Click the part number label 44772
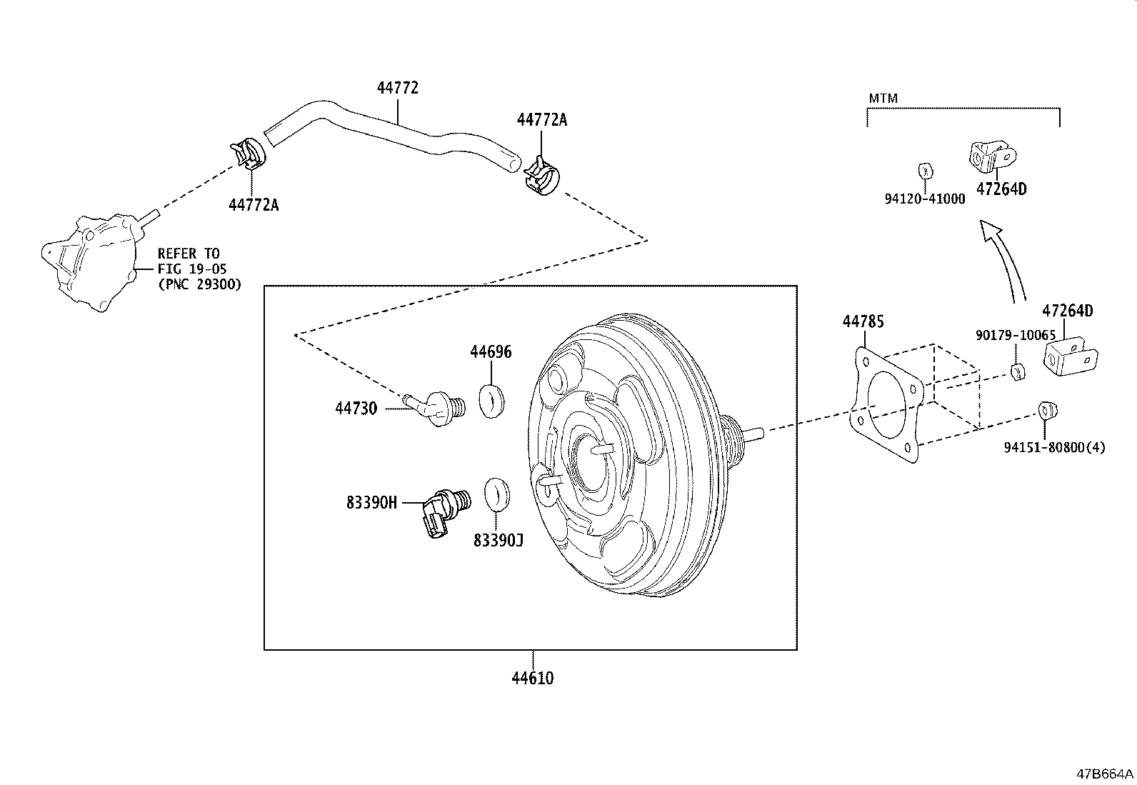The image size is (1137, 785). pyautogui.click(x=398, y=88)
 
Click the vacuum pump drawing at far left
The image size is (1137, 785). pyautogui.click(x=91, y=261)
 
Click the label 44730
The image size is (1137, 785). pyautogui.click(x=356, y=409)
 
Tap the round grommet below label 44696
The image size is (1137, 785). pyautogui.click(x=491, y=401)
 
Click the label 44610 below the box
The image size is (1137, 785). pyautogui.click(x=532, y=678)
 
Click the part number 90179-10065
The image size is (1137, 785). pyautogui.click(x=1015, y=335)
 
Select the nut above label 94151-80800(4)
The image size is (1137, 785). pyautogui.click(x=1047, y=410)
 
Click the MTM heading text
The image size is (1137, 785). pyautogui.click(x=883, y=98)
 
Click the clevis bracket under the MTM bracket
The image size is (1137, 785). pyautogui.click(x=992, y=155)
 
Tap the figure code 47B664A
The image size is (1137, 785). pyautogui.click(x=1105, y=774)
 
